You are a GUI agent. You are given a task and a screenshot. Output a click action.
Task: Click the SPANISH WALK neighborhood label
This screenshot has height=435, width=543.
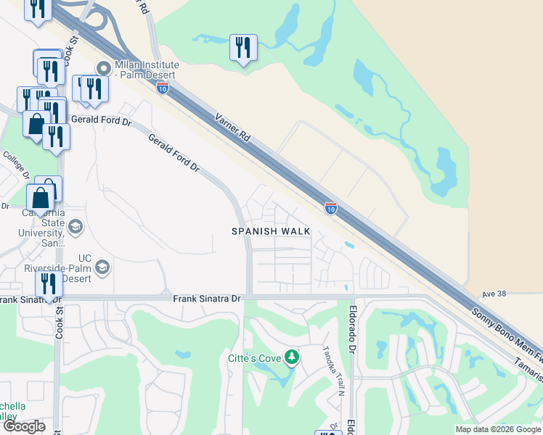271,231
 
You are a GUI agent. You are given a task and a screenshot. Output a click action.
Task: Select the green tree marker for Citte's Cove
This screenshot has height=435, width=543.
291,357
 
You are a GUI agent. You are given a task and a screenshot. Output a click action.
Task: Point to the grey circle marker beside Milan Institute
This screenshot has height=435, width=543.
103,69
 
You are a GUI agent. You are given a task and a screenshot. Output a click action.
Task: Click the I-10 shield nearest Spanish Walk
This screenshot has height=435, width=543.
330,208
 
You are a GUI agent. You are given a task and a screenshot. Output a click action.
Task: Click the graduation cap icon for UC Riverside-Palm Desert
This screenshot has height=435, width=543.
102,268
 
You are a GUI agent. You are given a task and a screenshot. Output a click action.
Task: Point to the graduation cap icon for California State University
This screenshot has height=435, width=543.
75,228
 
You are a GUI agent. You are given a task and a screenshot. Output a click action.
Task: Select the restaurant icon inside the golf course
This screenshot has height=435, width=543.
243,48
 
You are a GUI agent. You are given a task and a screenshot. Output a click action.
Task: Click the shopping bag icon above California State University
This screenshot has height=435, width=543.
41,196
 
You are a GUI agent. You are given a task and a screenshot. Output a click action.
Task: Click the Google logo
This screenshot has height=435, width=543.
24,426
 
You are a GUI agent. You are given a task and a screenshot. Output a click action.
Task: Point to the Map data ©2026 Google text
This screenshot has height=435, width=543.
497,429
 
